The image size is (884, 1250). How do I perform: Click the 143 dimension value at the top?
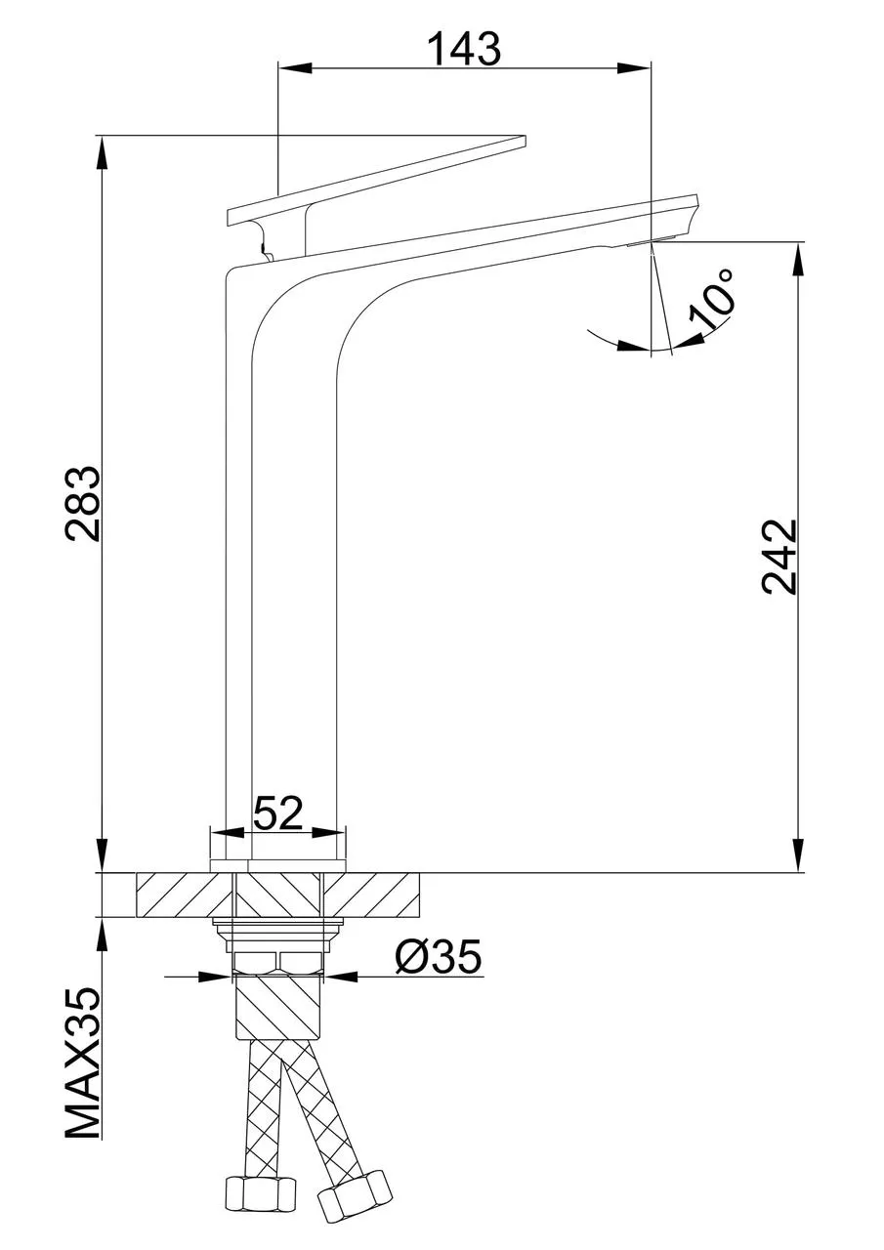(464, 48)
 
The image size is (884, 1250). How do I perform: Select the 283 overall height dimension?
(83, 503)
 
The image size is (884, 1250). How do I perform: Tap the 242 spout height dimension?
(779, 557)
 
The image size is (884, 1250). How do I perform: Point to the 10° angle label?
(712, 297)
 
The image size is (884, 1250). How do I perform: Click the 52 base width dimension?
(278, 812)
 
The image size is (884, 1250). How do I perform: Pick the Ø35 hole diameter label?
(439, 958)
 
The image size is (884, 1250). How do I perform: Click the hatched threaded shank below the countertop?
(278, 1006)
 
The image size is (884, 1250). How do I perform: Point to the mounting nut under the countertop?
(278, 962)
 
